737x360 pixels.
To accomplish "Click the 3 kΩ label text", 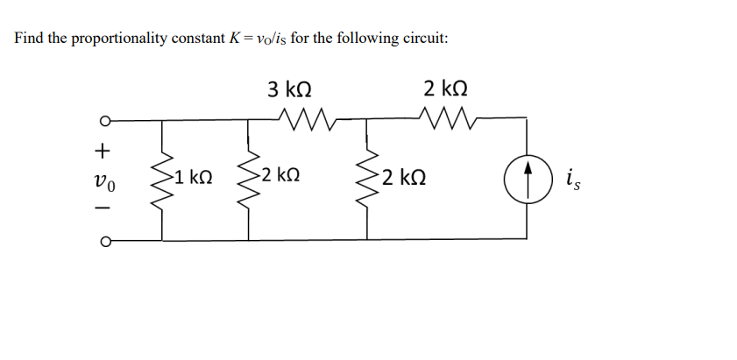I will pyautogui.click(x=291, y=89).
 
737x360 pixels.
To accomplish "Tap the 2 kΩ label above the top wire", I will pyautogui.click(x=445, y=88).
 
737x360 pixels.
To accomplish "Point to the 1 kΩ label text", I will pyautogui.click(x=192, y=178).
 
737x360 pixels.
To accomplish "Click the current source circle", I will pyautogui.click(x=527, y=180).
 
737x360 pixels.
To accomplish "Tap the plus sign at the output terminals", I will pyautogui.click(x=103, y=151).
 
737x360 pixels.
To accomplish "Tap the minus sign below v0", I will pyautogui.click(x=103, y=208).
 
